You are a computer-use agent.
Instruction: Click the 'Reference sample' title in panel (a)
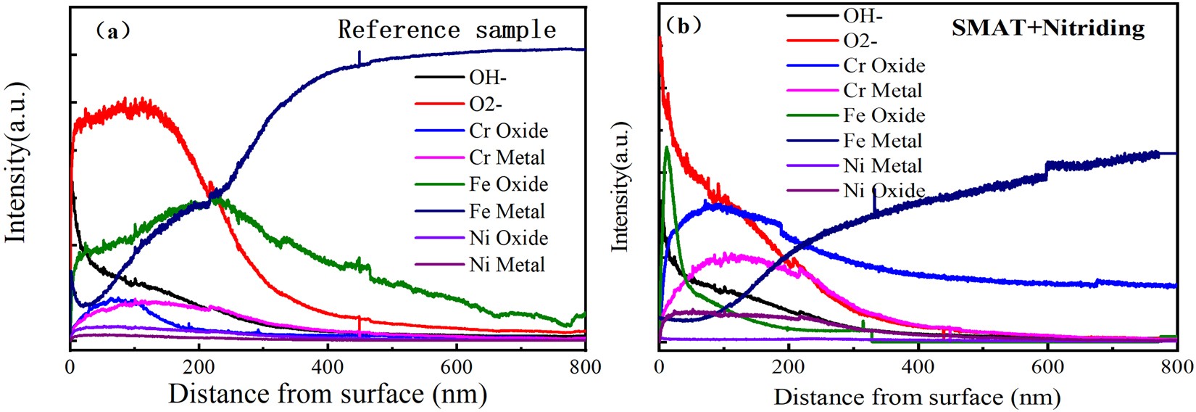447,30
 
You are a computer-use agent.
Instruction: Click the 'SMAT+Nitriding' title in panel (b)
1047,28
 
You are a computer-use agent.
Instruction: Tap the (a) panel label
113,30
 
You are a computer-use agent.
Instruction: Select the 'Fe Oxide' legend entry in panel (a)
508,184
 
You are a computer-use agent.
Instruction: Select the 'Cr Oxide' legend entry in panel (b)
884,66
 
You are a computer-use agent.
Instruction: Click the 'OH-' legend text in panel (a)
488,78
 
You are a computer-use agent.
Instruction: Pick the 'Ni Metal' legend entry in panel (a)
507,265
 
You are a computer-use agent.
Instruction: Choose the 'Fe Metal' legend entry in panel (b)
882,141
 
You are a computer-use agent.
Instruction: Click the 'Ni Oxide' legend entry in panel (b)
884,191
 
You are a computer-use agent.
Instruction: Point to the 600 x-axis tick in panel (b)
1047,366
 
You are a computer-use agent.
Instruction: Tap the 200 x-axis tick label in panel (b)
788,366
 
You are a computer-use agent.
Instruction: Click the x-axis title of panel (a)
328,394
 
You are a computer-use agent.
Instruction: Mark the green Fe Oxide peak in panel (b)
666,148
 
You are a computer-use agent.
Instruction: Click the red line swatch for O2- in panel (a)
439,104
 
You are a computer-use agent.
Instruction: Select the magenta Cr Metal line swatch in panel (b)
813,91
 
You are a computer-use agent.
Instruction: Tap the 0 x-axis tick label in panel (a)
70,367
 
